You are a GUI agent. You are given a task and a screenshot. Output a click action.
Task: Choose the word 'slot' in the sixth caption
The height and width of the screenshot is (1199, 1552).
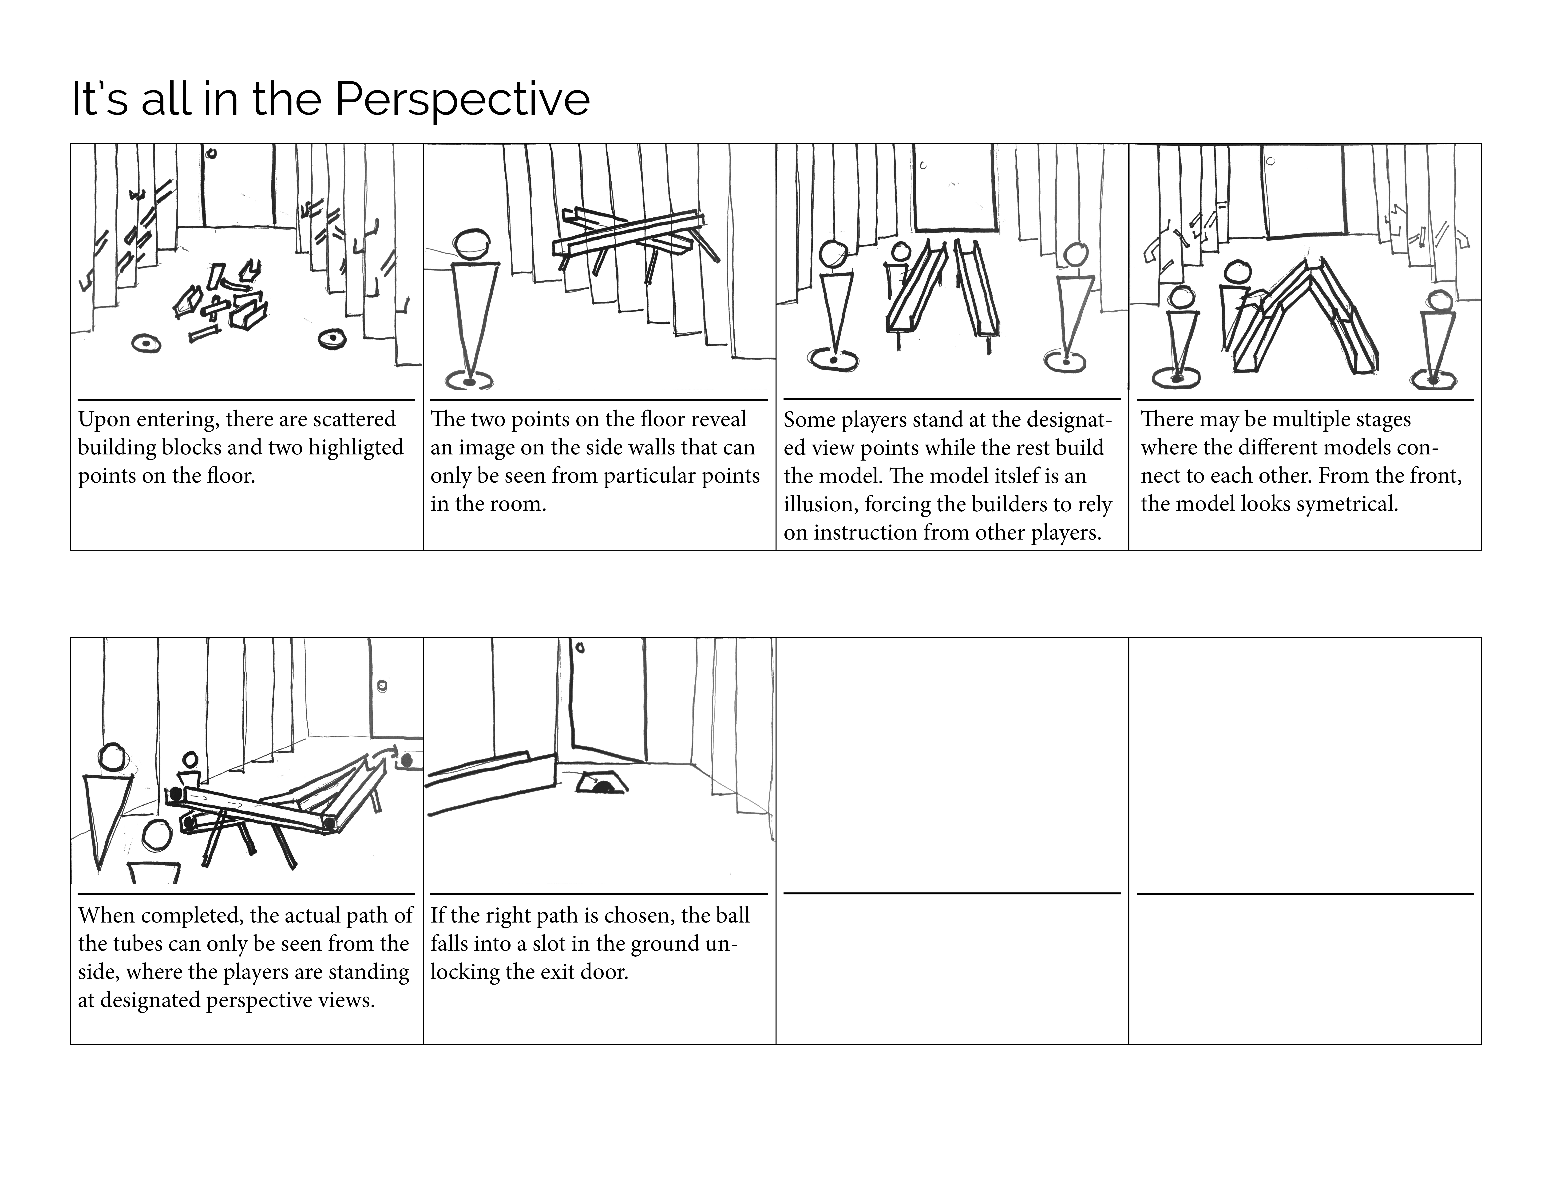click(x=553, y=944)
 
